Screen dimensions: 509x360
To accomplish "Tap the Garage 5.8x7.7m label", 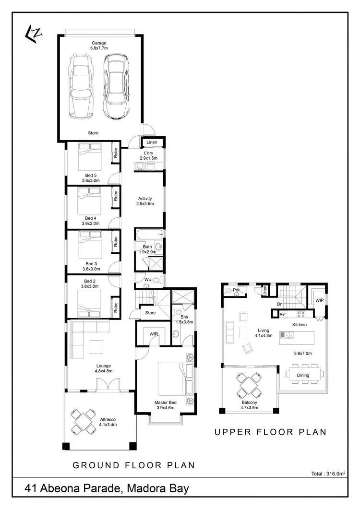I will (99, 46).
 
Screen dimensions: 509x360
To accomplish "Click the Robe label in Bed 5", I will (116, 153).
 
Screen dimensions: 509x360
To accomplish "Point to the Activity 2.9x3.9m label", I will (145, 201).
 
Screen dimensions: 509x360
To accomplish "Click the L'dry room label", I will (148, 155).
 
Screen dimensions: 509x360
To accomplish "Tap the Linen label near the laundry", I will (152, 142).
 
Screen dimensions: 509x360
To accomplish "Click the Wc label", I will (148, 279).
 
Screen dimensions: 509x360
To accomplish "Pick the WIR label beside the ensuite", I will (154, 333).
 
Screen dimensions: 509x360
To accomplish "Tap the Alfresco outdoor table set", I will (84, 421).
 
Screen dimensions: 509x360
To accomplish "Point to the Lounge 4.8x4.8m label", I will (103, 368).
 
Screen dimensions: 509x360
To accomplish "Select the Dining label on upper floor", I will (303, 375).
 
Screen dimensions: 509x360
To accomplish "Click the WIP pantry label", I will (319, 300).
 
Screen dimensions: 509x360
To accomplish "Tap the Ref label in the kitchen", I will (283, 315).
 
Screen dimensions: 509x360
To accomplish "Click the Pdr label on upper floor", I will (236, 290).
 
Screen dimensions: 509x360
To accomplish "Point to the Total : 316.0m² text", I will (328, 473).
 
